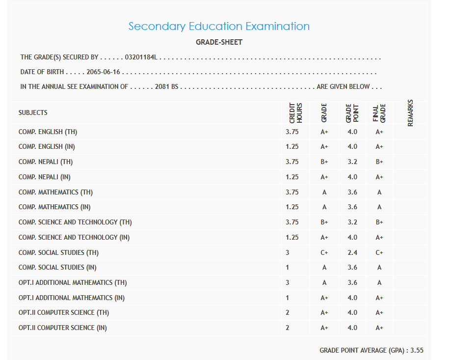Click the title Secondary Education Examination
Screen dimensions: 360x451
coord(219,26)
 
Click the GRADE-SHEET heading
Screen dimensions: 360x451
coord(219,42)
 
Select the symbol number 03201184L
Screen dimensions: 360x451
coord(140,57)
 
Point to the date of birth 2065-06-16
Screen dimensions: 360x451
coord(103,72)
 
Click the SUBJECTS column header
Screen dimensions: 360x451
coord(33,112)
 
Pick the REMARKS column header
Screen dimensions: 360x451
coord(410,113)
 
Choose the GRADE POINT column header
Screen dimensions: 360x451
coord(352,113)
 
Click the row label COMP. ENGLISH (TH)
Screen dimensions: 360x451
coord(48,132)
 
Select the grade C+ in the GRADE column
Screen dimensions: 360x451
coord(324,252)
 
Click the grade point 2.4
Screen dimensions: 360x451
coord(352,252)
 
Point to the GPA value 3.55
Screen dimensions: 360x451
coord(417,350)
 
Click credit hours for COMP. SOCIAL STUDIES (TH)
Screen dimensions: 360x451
coord(288,252)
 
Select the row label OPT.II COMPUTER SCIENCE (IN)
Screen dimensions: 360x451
coord(63,328)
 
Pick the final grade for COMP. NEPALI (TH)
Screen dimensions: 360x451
coord(379,162)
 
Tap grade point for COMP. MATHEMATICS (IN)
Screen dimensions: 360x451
coord(352,207)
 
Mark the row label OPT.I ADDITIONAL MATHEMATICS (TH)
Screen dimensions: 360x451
coord(73,282)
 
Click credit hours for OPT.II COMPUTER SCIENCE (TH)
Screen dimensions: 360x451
coord(288,312)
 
